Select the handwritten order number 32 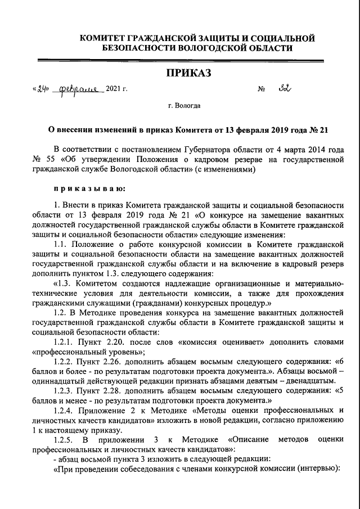coord(287,88)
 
